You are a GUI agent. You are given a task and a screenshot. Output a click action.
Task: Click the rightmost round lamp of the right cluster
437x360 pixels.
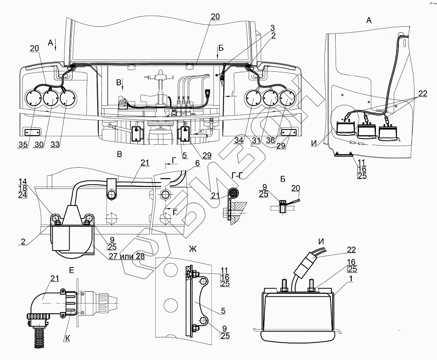[287, 98]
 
